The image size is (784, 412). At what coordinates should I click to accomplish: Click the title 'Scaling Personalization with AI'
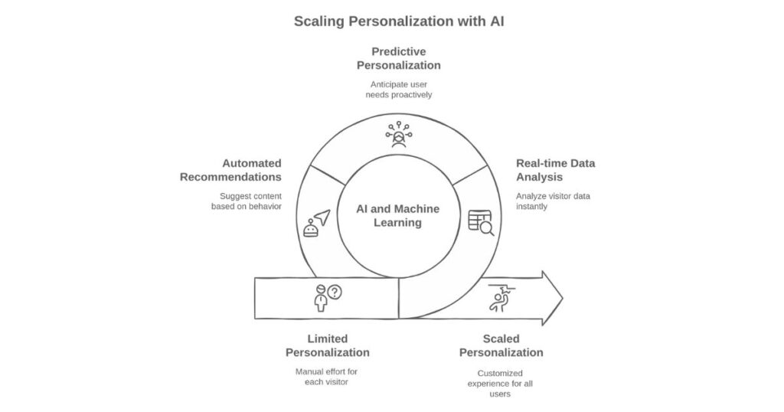pyautogui.click(x=399, y=21)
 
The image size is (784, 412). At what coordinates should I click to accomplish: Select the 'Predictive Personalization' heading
pyautogui.click(x=398, y=58)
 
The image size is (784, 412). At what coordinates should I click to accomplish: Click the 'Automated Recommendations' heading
pyautogui.click(x=230, y=170)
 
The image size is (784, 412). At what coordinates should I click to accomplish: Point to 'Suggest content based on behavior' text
pyautogui.click(x=246, y=201)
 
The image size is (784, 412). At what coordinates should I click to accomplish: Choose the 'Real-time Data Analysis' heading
pyautogui.click(x=555, y=170)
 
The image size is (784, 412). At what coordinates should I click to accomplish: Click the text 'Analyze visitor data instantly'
pyautogui.click(x=553, y=201)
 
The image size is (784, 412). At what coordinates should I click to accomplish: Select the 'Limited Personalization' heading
pyautogui.click(x=327, y=345)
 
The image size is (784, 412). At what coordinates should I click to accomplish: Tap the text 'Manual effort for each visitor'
pyautogui.click(x=327, y=376)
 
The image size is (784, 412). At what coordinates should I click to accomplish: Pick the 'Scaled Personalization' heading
pyautogui.click(x=501, y=345)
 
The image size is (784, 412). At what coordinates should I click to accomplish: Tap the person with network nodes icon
pyautogui.click(x=398, y=135)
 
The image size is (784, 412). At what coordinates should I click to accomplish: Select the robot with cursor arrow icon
pyautogui.click(x=315, y=223)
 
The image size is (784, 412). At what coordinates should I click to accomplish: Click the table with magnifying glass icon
pyautogui.click(x=481, y=221)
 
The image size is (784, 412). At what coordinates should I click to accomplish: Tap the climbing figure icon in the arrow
pyautogui.click(x=500, y=298)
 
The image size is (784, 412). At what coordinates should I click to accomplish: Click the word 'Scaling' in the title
pyautogui.click(x=319, y=21)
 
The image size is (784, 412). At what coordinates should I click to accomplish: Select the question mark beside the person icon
pyautogui.click(x=335, y=292)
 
